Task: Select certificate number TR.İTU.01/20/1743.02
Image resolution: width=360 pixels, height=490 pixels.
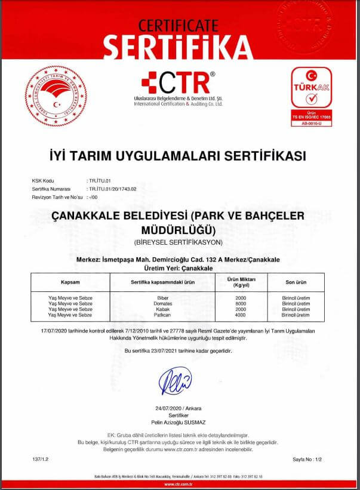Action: [x=112, y=188]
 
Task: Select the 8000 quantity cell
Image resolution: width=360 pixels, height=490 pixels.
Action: [x=241, y=302]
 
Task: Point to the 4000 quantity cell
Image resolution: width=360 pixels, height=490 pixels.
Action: [x=241, y=313]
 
